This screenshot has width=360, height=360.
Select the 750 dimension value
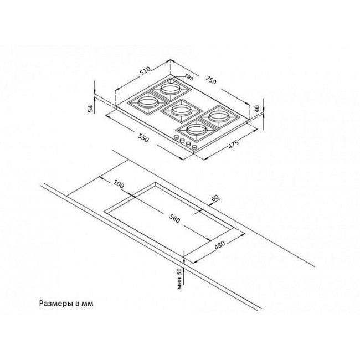click(211, 80)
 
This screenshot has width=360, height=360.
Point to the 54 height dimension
click(91, 109)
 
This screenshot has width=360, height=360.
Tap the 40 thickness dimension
click(257, 109)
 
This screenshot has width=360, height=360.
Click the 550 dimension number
click(143, 138)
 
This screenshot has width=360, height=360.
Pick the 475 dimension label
click(234, 145)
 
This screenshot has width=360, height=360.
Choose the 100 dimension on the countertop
click(119, 184)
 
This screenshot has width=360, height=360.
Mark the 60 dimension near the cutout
click(215, 198)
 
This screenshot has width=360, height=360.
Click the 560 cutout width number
click(174, 218)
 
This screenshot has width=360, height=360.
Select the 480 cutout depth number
click(220, 245)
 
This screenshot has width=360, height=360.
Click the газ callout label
click(189, 78)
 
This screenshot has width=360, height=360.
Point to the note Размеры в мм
click(66, 304)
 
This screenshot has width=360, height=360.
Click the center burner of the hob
click(181, 110)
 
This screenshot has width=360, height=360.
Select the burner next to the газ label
click(170, 89)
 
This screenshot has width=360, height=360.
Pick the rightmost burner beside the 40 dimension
click(218, 117)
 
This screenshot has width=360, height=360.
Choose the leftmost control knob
click(177, 137)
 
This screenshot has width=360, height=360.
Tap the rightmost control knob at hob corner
click(194, 147)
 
